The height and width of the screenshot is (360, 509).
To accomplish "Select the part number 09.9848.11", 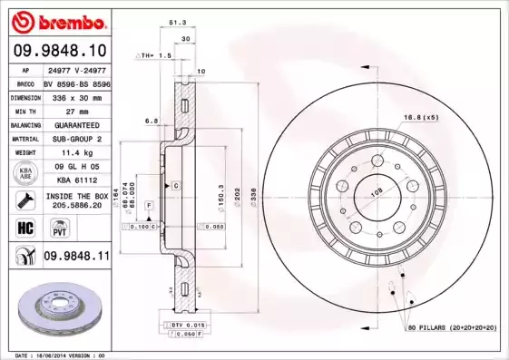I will pyautogui.click(x=76, y=258).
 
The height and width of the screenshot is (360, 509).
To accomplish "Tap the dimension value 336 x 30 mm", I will pyautogui.click(x=75, y=94).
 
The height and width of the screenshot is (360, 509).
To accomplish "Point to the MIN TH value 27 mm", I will pyautogui.click(x=75, y=109).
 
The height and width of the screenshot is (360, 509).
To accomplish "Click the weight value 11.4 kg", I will pyautogui.click(x=75, y=152).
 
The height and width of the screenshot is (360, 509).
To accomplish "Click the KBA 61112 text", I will pyautogui.click(x=75, y=181).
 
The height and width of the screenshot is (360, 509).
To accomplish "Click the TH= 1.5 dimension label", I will pyautogui.click(x=154, y=55).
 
